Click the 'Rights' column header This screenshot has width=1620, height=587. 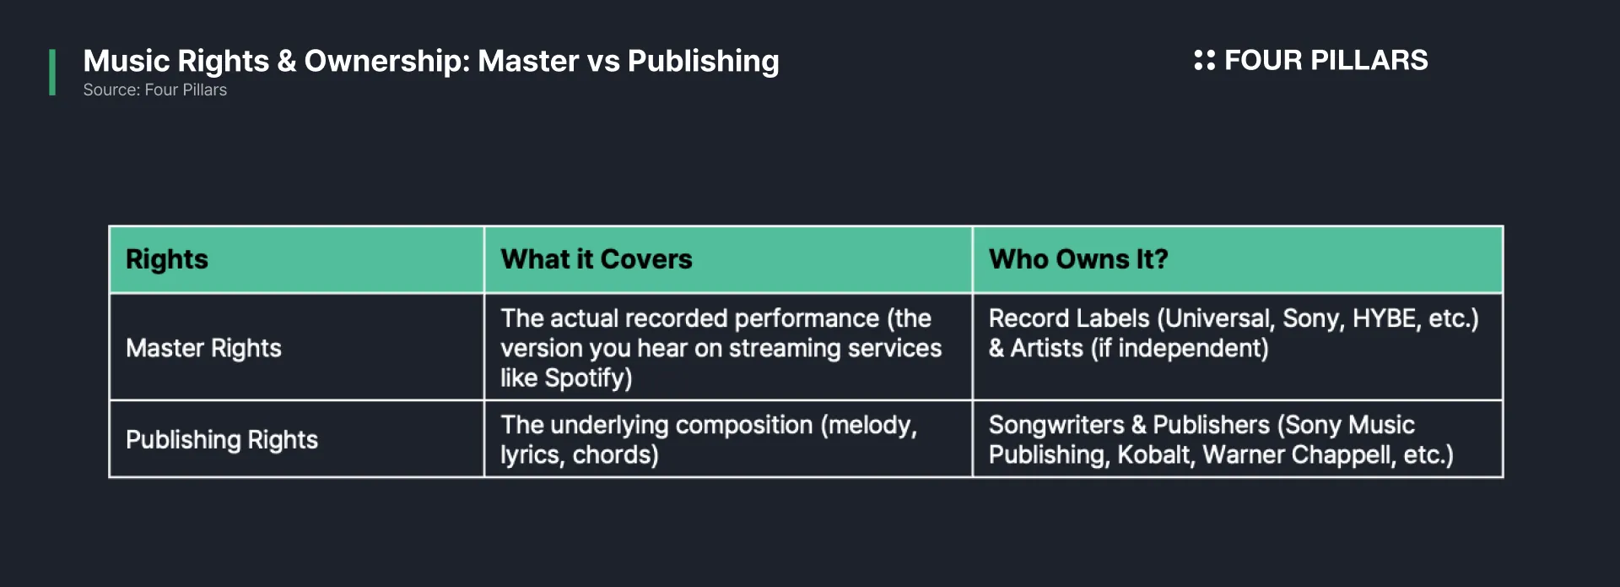pos(167,259)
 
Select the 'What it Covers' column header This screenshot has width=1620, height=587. pos(597,259)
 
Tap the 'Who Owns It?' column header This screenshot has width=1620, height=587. pos(1078,259)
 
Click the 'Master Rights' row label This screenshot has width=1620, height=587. pos(203,348)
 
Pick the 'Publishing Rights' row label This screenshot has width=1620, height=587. pos(222,439)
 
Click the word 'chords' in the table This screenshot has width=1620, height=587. pos(612,454)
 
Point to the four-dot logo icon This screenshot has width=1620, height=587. pos(1205,60)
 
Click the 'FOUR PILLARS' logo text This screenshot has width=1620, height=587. pos(1326,60)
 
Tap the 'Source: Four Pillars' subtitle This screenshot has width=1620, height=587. pos(155,90)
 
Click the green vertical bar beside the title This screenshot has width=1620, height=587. pos(52,73)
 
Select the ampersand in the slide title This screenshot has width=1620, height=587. pos(287,61)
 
